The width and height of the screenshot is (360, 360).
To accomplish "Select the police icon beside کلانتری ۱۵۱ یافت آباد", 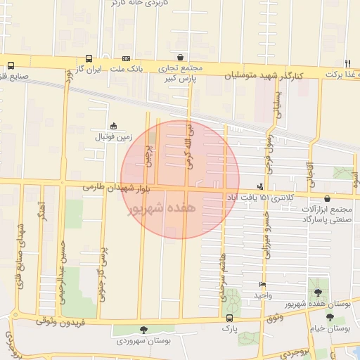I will pyautogui.click(x=261, y=186).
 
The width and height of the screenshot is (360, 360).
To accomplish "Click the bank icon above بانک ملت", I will pyautogui.click(x=126, y=59).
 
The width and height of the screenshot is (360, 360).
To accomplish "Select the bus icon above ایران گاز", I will pyautogui.click(x=89, y=59).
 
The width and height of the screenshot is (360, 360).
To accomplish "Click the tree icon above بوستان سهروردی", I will pyautogui.click(x=144, y=330).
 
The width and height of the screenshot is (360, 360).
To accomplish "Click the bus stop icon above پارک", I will pyautogui.click(x=229, y=319).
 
